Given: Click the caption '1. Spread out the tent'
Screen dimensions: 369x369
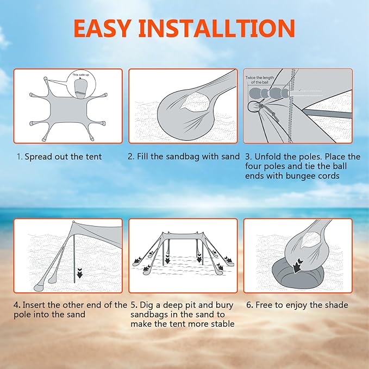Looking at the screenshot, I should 59,157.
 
